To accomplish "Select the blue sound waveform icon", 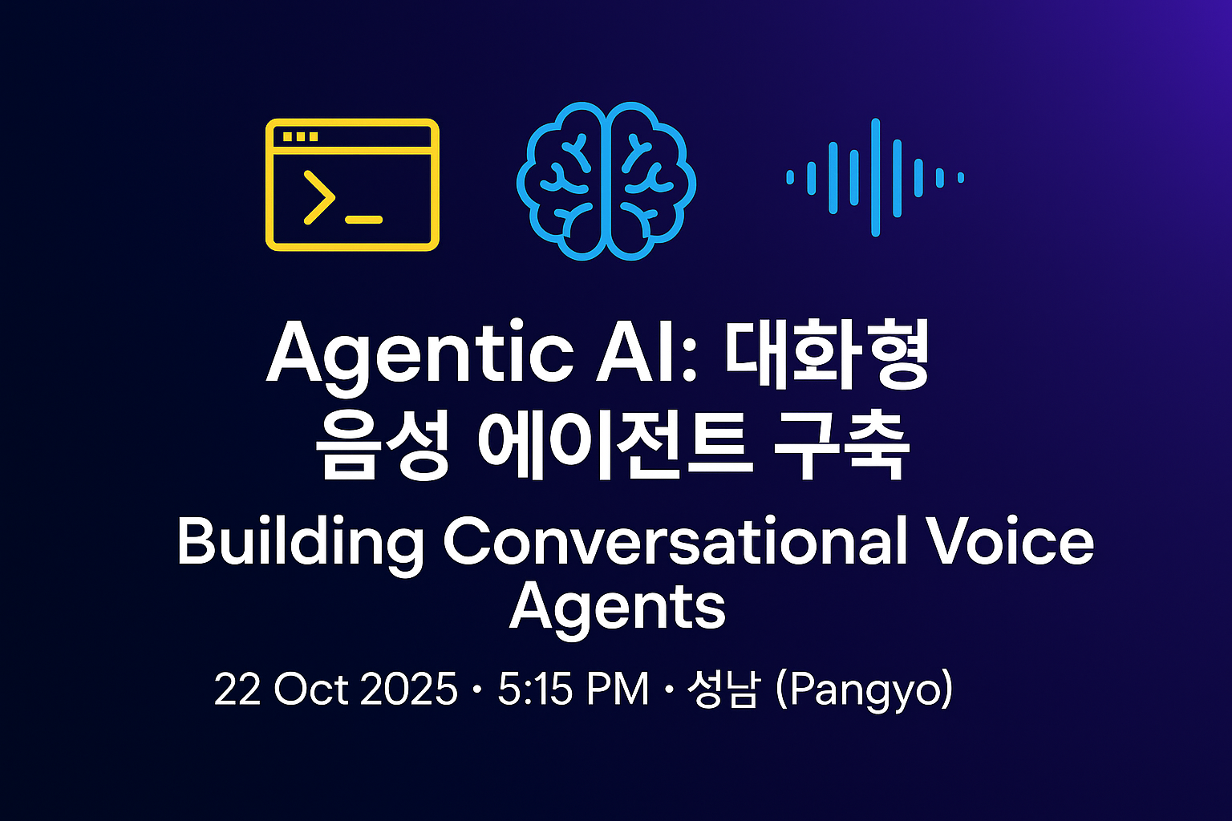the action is pyautogui.click(x=876, y=178).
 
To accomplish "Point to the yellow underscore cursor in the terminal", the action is pyautogui.click(x=363, y=220).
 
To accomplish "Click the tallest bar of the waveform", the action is pyautogui.click(x=876, y=178).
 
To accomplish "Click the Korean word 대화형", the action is pyautogui.click(x=827, y=354).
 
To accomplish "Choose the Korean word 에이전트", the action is pyautogui.click(x=615, y=446).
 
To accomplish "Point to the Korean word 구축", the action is pyautogui.click(x=841, y=446).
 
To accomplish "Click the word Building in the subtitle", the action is pyautogui.click(x=300, y=544).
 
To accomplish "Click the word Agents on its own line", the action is pyautogui.click(x=617, y=609).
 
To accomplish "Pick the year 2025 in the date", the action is pyautogui.click(x=408, y=689).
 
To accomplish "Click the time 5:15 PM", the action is pyautogui.click(x=573, y=689).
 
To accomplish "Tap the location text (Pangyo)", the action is pyautogui.click(x=864, y=690).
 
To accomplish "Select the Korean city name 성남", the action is pyautogui.click(x=723, y=689).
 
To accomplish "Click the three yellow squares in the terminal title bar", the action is pyautogui.click(x=300, y=136).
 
